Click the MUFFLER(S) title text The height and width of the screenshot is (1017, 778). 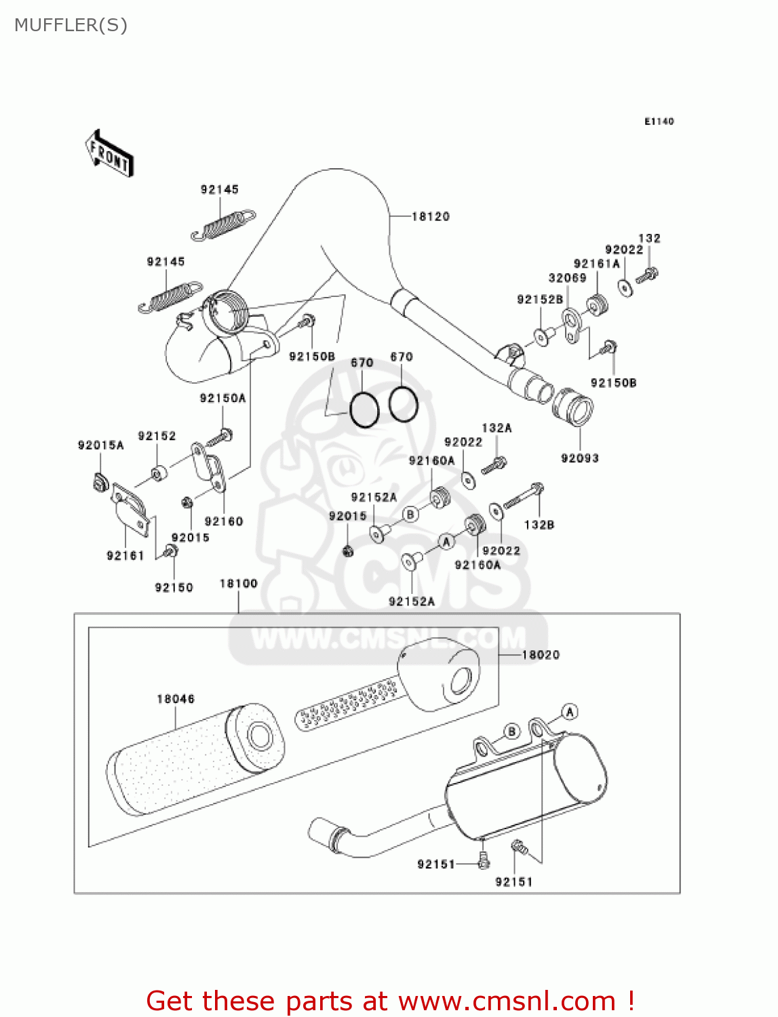pos(71,25)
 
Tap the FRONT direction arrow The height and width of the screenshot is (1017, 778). pos(109,154)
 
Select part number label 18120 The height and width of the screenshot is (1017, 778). pos(431,216)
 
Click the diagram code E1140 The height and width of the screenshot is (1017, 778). pos(659,121)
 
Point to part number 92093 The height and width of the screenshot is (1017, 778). pos(580,458)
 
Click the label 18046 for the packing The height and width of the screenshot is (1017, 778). pos(176,698)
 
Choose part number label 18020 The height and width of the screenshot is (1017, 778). pos(541,655)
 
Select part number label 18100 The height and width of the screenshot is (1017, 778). pos(239,583)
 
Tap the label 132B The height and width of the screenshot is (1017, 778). pos(539,525)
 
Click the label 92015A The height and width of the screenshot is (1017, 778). pos(101,445)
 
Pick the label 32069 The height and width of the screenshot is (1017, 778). pos(567,278)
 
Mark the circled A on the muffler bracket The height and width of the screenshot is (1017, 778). pos(570,712)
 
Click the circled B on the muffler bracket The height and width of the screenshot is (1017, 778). pos(511,732)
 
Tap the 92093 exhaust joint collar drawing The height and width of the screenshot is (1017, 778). pos(573,407)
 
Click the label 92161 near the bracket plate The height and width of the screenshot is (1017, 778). pos(125,556)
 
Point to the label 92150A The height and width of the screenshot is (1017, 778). pos(222,398)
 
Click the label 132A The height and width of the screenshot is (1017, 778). pos(497,428)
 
